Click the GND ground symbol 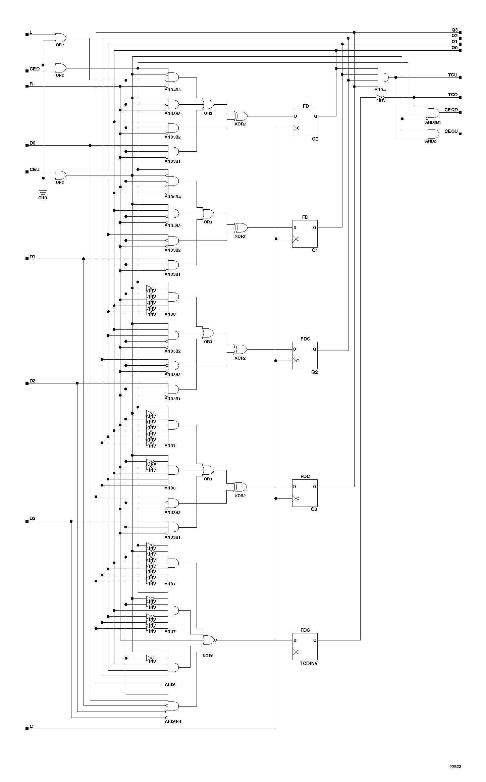point(43,192)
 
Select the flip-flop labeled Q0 point(305,122)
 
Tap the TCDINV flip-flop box point(305,646)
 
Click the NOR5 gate point(209,640)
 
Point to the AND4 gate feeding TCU point(383,77)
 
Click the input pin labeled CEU point(27,172)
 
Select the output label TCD point(452,95)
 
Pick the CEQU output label point(451,131)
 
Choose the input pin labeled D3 point(27,521)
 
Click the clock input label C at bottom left point(31,726)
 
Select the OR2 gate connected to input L point(60,37)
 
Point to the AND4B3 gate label point(172,90)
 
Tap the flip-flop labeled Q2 point(305,355)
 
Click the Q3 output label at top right point(454,30)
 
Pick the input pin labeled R point(27,86)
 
